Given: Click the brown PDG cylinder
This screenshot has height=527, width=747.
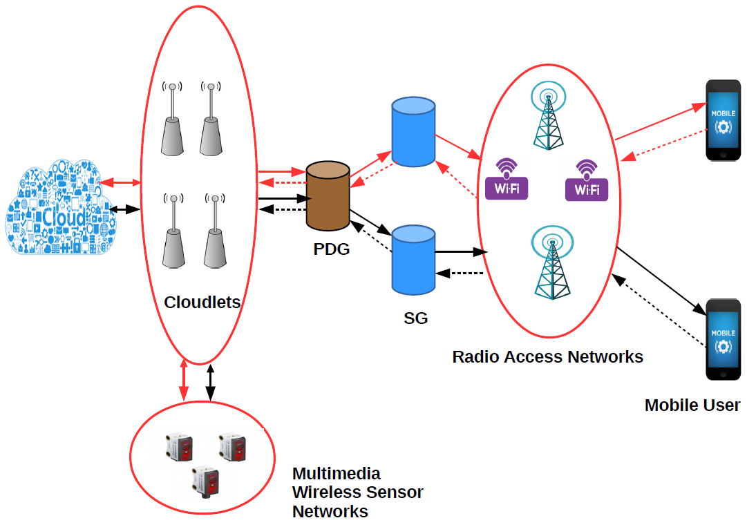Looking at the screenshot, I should point(328,196).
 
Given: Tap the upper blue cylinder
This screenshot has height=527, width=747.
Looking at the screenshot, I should point(413,132).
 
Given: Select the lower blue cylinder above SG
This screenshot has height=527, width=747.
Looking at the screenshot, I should point(413,258).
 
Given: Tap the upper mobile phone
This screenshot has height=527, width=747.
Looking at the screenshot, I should point(723,121).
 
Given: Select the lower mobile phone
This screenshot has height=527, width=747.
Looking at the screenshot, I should point(723,339).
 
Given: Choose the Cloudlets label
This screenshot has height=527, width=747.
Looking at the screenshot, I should point(202,302).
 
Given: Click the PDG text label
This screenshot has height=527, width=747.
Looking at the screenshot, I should point(332,249).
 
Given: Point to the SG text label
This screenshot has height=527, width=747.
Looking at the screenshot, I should point(415,318).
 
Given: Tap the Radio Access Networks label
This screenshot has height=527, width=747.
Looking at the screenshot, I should point(547,357).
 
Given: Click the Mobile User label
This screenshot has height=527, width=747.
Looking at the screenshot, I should point(692,405).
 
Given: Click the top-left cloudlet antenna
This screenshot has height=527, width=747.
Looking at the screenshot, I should point(173,118).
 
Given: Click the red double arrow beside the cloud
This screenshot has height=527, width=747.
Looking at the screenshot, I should point(121,183).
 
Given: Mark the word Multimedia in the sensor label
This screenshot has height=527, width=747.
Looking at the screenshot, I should point(337,474).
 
